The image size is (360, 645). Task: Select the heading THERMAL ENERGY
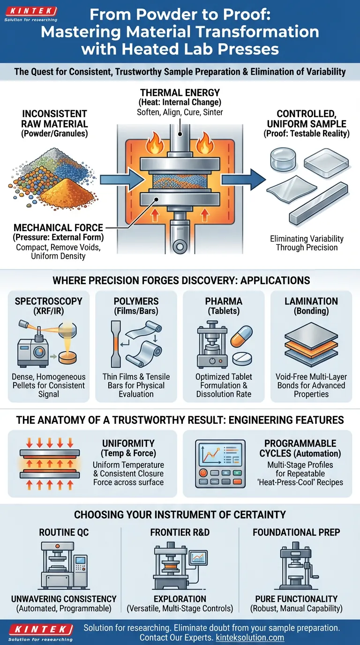tap(180, 93)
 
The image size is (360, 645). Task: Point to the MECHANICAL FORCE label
tap(58, 227)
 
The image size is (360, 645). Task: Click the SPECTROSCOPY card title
tap(48, 301)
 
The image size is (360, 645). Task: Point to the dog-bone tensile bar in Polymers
tap(117, 345)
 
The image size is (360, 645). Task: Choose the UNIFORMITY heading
tap(128, 443)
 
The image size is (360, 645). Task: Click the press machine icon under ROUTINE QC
tap(61, 565)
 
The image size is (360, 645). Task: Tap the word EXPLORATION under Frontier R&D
tap(180, 599)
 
